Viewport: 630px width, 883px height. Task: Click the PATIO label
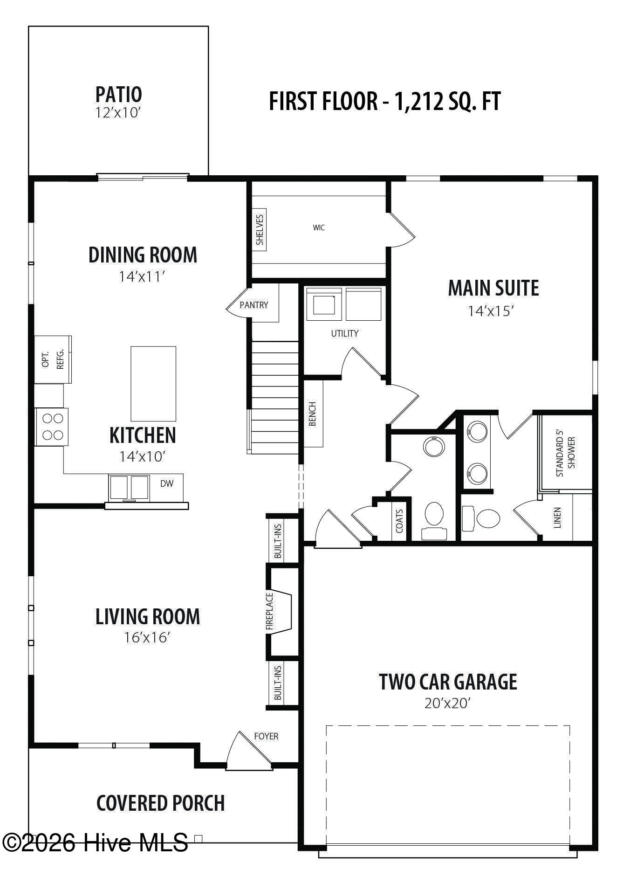(118, 94)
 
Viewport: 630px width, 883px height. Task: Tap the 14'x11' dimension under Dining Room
(142, 277)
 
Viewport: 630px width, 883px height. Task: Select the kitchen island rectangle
(153, 384)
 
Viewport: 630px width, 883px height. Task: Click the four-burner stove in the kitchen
(52, 427)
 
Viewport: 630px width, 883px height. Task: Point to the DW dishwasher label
(167, 483)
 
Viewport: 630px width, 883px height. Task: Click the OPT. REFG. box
(53, 359)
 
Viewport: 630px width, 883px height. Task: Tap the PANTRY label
(254, 305)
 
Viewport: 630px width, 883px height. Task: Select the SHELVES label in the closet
(260, 229)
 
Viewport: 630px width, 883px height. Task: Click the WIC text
(319, 228)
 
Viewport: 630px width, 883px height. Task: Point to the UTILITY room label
(345, 333)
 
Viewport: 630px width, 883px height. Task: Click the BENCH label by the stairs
(313, 414)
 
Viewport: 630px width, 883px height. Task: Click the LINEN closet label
(557, 517)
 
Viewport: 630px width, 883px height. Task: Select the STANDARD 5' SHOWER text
(566, 456)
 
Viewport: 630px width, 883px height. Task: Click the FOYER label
(266, 736)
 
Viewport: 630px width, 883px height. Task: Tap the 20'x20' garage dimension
(447, 703)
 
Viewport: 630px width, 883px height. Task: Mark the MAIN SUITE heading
(493, 288)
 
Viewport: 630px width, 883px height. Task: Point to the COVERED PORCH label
(160, 803)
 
